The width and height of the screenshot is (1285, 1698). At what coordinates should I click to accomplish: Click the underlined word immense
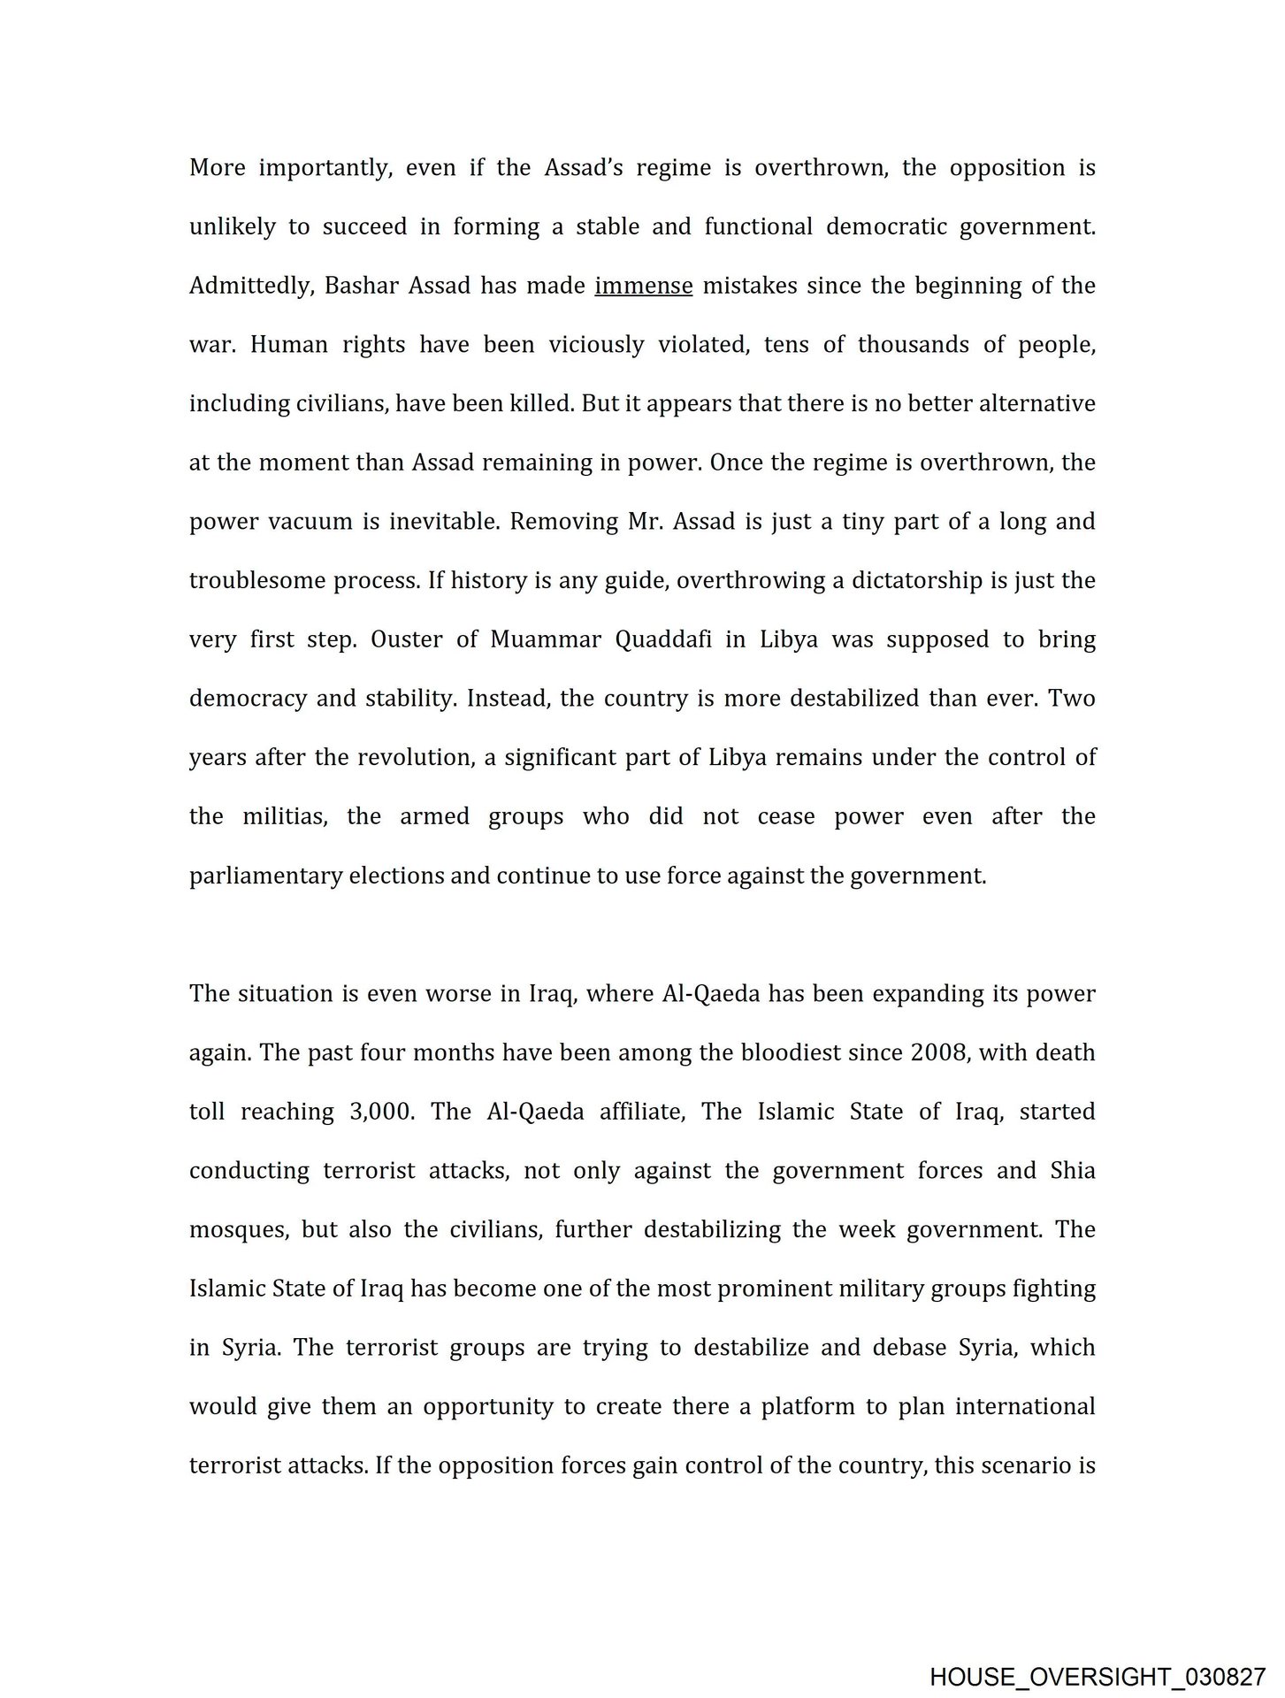pos(643,287)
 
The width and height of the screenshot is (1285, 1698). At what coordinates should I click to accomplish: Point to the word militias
pos(285,817)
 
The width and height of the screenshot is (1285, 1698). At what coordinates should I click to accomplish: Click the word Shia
pos(1072,1171)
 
